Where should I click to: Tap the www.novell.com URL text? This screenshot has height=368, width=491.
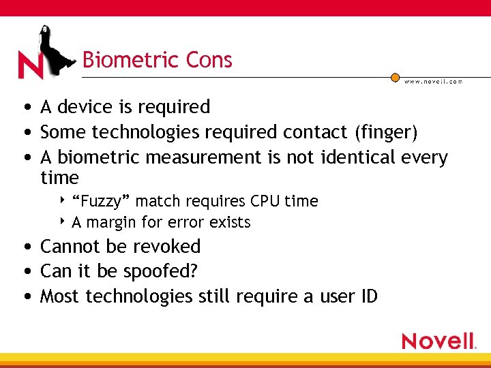coord(433,81)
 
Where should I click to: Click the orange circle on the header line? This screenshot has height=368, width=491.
coord(395,78)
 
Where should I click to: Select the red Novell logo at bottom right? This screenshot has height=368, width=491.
coord(438,341)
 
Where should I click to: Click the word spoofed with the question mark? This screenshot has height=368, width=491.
coord(160,271)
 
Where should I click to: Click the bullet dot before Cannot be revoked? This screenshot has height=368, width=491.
coord(25,247)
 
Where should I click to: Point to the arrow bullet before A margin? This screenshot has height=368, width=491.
coord(61,221)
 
